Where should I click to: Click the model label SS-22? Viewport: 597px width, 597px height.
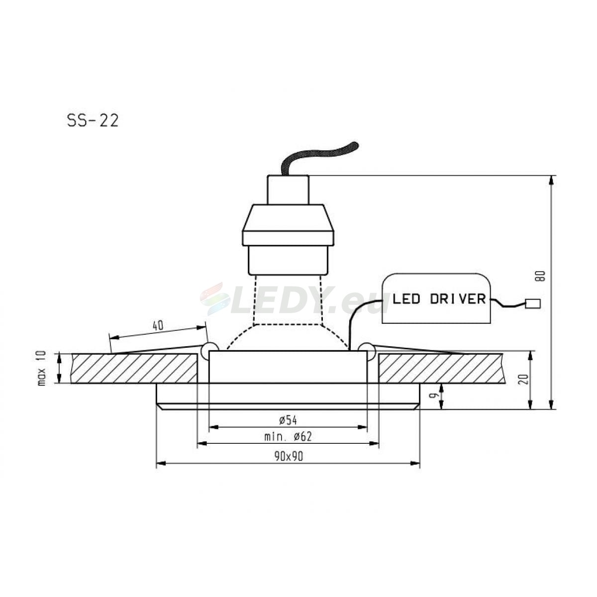pyautogui.click(x=93, y=121)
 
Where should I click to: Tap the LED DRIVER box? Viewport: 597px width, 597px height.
pyautogui.click(x=436, y=298)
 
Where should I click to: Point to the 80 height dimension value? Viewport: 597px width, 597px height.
pyautogui.click(x=540, y=276)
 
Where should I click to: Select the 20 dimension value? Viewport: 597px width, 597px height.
pyautogui.click(x=523, y=379)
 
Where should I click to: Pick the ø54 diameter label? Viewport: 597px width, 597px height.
pyautogui.click(x=288, y=420)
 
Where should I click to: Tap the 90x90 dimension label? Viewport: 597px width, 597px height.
pyautogui.click(x=289, y=456)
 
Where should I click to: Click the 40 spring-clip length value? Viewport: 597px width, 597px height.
pyautogui.click(x=158, y=325)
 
